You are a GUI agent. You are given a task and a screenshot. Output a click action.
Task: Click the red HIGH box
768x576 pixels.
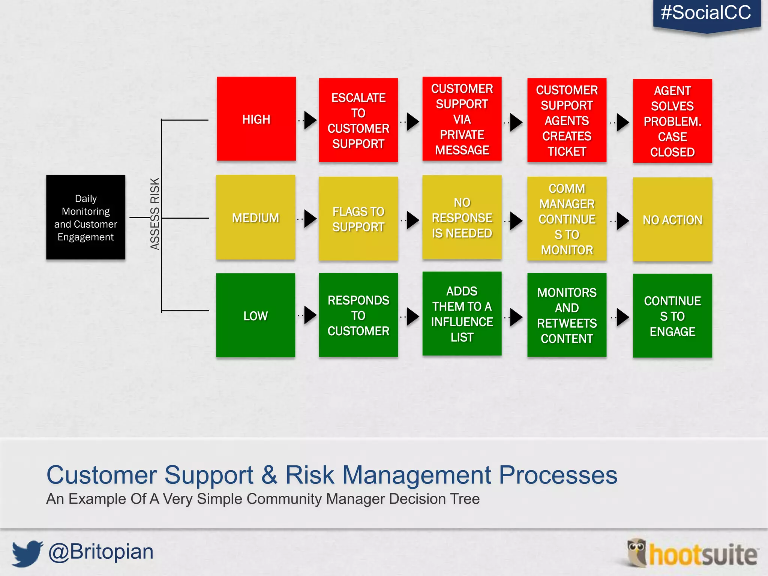tap(256, 119)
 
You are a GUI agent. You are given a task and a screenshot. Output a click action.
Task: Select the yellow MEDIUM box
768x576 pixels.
tap(255, 217)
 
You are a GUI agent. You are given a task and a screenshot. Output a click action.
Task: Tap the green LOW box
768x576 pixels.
tap(255, 315)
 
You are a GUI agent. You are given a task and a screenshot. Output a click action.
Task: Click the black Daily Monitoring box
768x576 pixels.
tap(85, 217)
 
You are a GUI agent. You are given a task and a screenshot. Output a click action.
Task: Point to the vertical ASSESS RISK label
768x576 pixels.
tap(154, 214)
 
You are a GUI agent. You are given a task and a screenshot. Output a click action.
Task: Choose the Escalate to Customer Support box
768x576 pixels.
tap(358, 120)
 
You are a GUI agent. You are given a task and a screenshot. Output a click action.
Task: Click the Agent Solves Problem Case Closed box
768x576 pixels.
tap(672, 121)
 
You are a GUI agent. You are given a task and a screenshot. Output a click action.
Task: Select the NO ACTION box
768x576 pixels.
tap(672, 219)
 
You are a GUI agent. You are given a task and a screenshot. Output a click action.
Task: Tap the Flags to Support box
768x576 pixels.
tap(358, 219)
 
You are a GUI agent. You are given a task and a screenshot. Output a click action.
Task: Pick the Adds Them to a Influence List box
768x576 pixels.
tap(462, 313)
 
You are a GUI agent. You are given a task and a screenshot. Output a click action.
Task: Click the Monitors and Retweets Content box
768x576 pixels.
tap(567, 315)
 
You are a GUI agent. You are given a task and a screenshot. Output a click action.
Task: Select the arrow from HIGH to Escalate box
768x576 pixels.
tap(310, 120)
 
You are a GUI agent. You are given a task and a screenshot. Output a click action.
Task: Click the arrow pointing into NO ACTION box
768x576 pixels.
tap(622, 221)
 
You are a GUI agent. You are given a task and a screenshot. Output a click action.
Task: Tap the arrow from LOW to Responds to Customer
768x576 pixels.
tap(310, 315)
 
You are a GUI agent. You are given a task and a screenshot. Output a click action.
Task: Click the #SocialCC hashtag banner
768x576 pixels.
tap(706, 13)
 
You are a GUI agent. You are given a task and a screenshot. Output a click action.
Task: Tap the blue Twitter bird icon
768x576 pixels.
tap(27, 553)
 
